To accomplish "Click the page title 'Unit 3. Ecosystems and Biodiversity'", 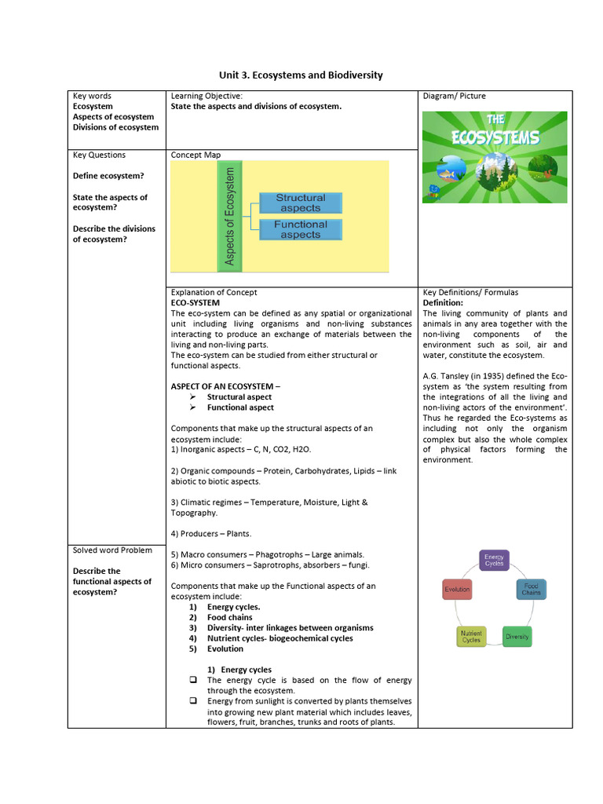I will [301, 75].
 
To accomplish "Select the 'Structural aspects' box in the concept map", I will [300, 203].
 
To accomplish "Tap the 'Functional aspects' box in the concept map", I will [300, 229].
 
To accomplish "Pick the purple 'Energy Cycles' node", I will [494, 560].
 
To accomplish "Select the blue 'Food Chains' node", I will [532, 589].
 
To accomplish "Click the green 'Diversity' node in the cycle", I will [517, 636].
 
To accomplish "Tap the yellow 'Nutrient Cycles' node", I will [471, 636].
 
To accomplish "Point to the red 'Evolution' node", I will [457, 589].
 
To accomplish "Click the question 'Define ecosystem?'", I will [108, 176].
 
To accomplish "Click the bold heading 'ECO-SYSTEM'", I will [196, 302].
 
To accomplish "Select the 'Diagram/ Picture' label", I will [454, 96].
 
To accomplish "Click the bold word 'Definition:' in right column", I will [443, 302].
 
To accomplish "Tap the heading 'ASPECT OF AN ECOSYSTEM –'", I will [225, 386].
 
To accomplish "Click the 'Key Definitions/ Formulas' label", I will [470, 292].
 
